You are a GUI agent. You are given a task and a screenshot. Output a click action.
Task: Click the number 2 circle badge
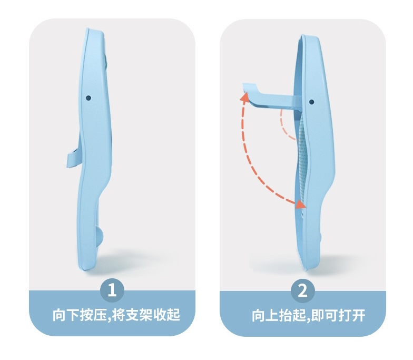click(x=302, y=291)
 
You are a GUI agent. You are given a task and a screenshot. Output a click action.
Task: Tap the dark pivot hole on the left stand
click(x=88, y=98)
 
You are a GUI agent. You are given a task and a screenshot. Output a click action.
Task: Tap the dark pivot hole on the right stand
click(x=312, y=102)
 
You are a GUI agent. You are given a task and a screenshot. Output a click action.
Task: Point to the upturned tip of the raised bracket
click(x=249, y=87)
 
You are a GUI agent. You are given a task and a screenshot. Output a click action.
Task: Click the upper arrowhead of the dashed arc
click(x=244, y=96)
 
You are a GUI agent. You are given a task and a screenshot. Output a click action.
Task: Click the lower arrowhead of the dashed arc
click(x=300, y=204)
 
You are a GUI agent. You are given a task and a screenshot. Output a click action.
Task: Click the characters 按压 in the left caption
click(x=93, y=315)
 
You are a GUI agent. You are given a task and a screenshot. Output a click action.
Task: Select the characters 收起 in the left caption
click(x=166, y=315)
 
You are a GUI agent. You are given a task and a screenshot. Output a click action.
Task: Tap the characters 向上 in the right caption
click(x=264, y=315)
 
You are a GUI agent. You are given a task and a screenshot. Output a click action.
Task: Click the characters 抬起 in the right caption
click(x=292, y=315)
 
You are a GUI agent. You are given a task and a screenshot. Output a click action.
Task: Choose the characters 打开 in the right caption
click(x=352, y=315)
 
